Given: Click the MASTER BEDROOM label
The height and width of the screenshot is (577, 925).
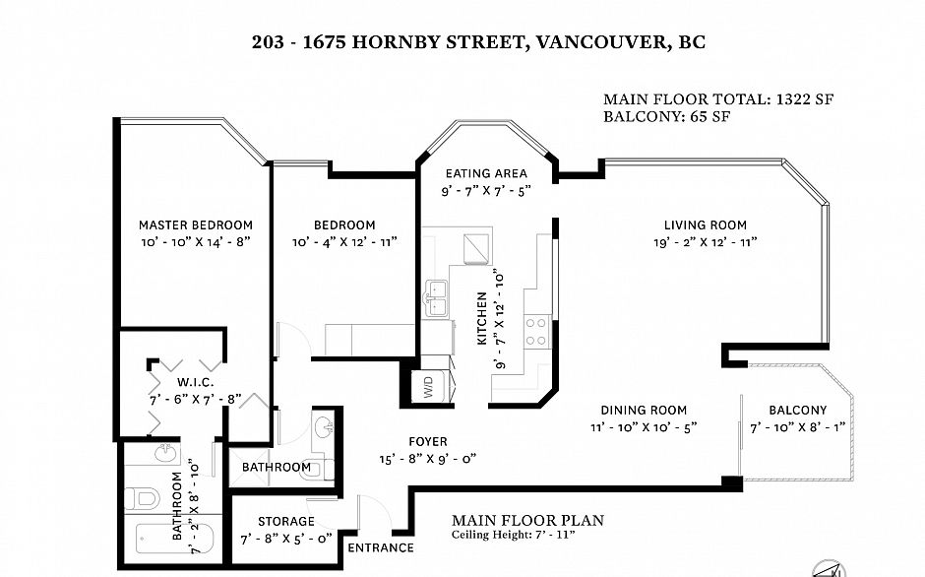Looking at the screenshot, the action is click(x=195, y=225).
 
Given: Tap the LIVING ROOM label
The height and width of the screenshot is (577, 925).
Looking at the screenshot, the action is click(x=705, y=225).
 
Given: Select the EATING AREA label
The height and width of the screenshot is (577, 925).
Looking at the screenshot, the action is click(x=486, y=173).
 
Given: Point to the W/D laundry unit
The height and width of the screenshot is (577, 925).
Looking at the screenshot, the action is click(x=428, y=387).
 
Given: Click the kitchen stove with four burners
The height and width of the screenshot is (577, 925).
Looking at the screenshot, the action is click(x=536, y=332).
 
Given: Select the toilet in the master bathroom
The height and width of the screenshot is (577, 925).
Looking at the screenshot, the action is click(x=141, y=498).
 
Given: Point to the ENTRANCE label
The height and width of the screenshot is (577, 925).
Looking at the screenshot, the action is click(x=381, y=548).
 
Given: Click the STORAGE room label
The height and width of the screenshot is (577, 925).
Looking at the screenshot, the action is click(x=286, y=522).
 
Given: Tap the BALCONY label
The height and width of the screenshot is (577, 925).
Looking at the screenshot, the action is click(x=798, y=410).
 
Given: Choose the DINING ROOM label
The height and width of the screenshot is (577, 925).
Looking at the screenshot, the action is click(x=644, y=410).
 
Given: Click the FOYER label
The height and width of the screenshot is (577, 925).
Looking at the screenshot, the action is click(x=428, y=442).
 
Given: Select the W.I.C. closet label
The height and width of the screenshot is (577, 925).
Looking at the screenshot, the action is click(x=195, y=383).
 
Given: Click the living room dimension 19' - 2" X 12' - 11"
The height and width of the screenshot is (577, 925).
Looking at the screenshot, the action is click(x=705, y=242).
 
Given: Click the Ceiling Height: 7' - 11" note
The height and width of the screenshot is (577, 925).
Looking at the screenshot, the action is click(x=514, y=535).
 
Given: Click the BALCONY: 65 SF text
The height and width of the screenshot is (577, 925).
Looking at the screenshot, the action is click(x=666, y=116).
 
